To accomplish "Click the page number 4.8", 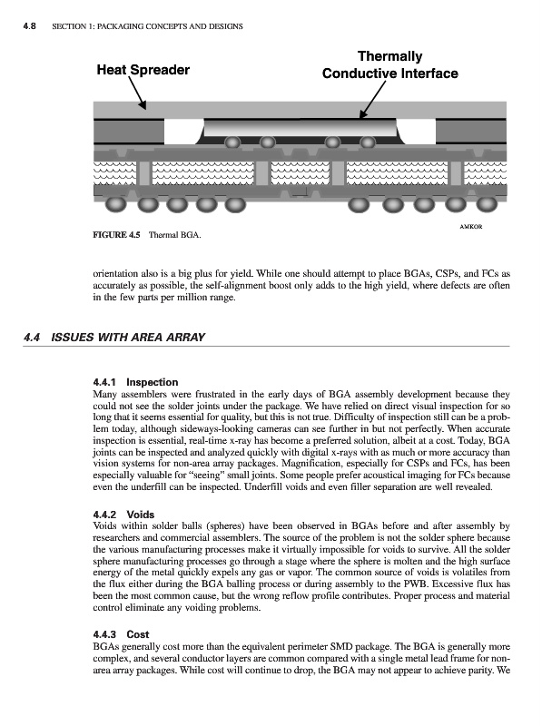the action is click(x=30, y=26).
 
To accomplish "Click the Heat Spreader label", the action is click(x=143, y=70).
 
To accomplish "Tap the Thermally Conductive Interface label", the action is click(x=390, y=64).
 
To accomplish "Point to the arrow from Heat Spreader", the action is click(x=137, y=93).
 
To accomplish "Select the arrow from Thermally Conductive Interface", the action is click(x=373, y=100).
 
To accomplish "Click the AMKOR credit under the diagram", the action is click(x=470, y=226).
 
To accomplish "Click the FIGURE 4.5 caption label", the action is click(x=116, y=235).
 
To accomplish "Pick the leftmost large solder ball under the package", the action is click(x=116, y=203).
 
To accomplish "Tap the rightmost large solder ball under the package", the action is click(x=487, y=203).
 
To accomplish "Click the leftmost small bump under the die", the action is click(x=232, y=142).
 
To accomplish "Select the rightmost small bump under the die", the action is click(x=368, y=142).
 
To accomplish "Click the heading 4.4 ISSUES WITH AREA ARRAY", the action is click(x=114, y=337).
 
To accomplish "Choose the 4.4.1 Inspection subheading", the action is click(x=136, y=382).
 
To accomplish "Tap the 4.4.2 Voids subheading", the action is click(x=123, y=515).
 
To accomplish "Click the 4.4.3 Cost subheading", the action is click(x=121, y=634).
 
